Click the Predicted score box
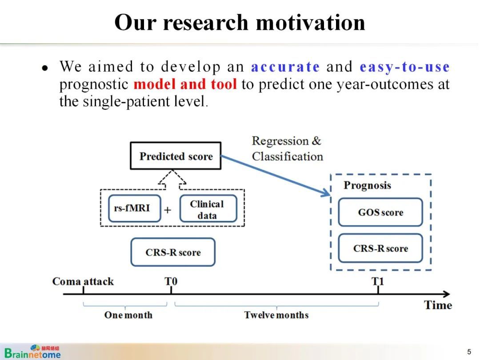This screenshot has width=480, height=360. click(x=176, y=156)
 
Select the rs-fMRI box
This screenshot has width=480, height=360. click(x=134, y=208)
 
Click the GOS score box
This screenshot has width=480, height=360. click(x=380, y=212)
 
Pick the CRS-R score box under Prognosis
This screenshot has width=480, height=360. click(x=380, y=248)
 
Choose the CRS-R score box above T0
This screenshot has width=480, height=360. click(x=173, y=252)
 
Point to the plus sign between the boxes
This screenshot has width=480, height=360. click(x=168, y=210)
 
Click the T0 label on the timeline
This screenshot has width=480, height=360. click(x=171, y=281)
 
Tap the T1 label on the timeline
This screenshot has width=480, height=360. click(x=377, y=281)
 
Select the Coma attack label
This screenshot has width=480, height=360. click(x=83, y=281)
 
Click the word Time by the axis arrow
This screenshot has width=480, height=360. click(x=438, y=305)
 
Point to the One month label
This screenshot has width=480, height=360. click(x=128, y=315)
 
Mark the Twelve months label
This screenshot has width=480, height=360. click(x=276, y=315)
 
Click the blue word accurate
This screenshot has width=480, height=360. click(x=285, y=66)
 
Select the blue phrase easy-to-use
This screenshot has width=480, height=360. click(x=404, y=67)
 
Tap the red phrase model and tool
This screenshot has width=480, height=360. click(x=185, y=84)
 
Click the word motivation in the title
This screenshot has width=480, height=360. click(x=310, y=22)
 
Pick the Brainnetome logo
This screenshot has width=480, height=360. click(x=32, y=352)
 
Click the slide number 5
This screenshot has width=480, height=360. click(x=469, y=352)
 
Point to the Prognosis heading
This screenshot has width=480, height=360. click(x=368, y=185)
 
